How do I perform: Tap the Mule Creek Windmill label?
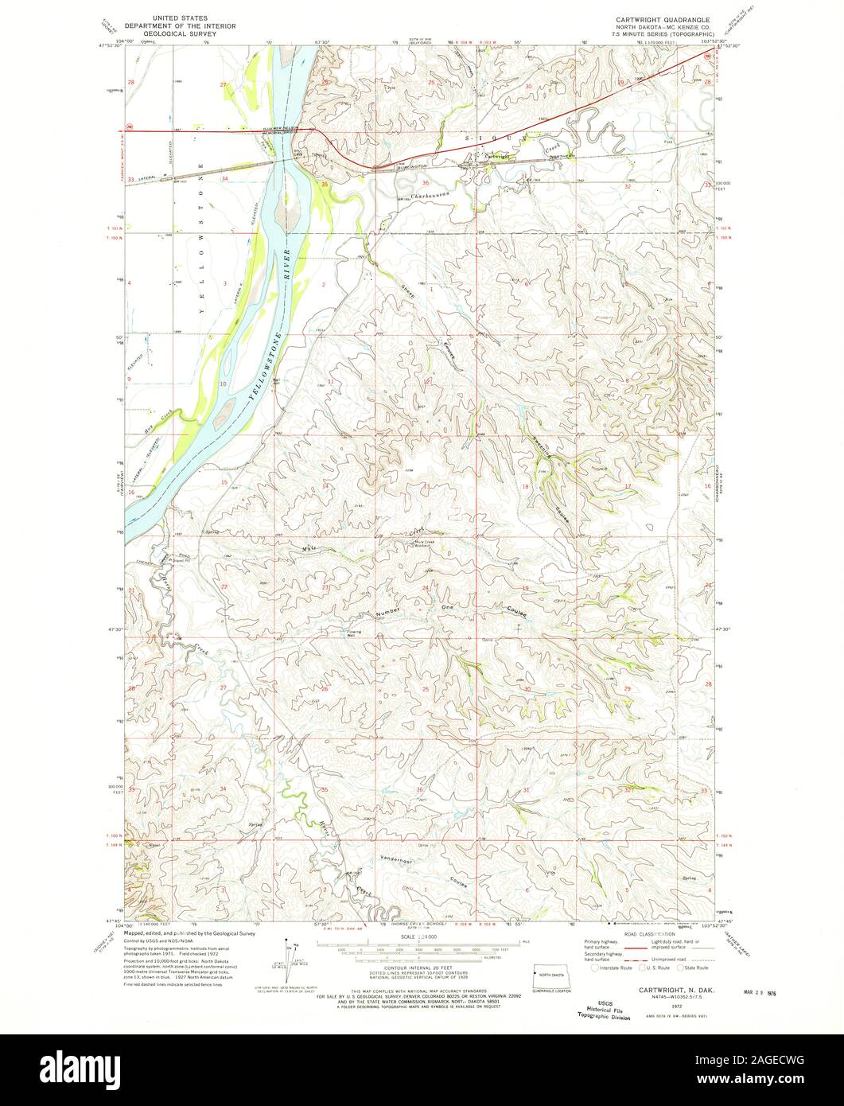coord(427,543)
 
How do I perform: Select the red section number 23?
coord(325,586)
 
